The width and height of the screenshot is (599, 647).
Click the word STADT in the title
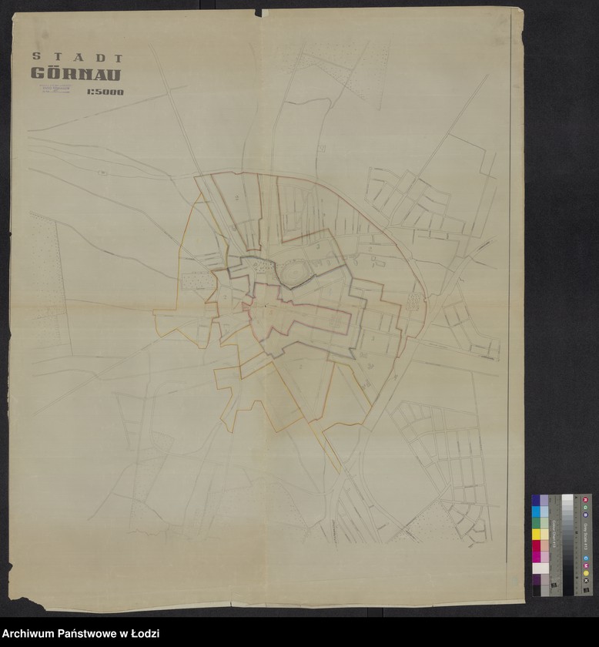[78, 57]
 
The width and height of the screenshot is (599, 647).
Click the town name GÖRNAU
[75, 74]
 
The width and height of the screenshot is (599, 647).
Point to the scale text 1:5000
[105, 92]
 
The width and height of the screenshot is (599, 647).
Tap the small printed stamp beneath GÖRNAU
[54, 90]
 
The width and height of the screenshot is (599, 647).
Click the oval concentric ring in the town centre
[294, 272]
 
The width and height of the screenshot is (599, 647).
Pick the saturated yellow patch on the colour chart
[536, 535]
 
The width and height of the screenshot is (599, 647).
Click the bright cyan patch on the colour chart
[536, 511]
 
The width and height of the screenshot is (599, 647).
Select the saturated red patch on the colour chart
[536, 546]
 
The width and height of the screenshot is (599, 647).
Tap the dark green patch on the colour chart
[536, 523]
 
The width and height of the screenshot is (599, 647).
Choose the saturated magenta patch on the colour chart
[536, 557]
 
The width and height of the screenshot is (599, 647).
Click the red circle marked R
[585, 499]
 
